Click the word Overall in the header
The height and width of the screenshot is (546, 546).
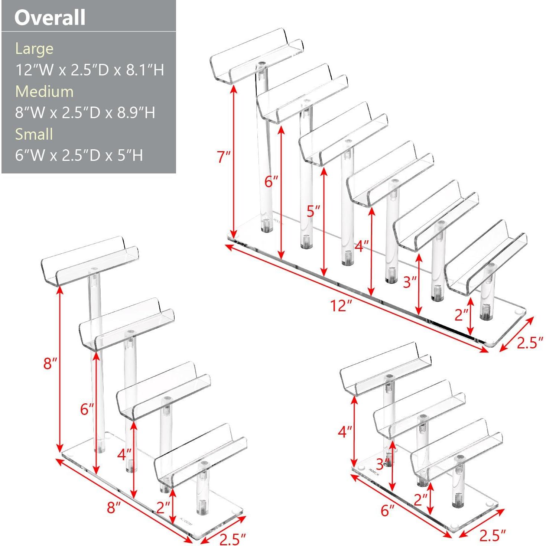pyautogui.click(x=50, y=17)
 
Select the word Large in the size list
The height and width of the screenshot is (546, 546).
pyautogui.click(x=34, y=49)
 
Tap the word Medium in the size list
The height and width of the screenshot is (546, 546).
pyautogui.click(x=44, y=91)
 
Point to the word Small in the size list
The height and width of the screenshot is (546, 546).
pyautogui.click(x=34, y=134)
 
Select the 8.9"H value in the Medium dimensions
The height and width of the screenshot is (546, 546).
pyautogui.click(x=136, y=113)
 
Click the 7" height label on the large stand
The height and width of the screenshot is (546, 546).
pyautogui.click(x=224, y=157)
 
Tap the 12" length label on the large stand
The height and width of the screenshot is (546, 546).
pyautogui.click(x=341, y=305)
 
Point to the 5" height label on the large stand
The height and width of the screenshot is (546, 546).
pyautogui.click(x=313, y=211)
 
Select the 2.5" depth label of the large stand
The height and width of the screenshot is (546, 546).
pyautogui.click(x=530, y=342)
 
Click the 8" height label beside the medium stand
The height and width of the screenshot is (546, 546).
pyautogui.click(x=51, y=363)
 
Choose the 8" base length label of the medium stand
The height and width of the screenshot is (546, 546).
pyautogui.click(x=114, y=507)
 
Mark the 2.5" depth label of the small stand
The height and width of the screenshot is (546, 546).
pyautogui.click(x=493, y=535)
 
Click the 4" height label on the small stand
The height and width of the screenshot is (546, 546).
pyautogui.click(x=345, y=431)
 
